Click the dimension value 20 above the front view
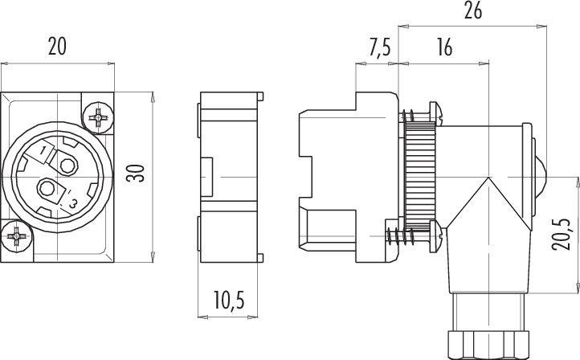[x=57, y=47]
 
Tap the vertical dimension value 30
[x=136, y=173]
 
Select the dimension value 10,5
[x=229, y=300]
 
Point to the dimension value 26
[x=473, y=11]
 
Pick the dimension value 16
[x=444, y=47]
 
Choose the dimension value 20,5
[x=562, y=234]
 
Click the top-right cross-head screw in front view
[x=98, y=117]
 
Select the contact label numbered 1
[x=44, y=150]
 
